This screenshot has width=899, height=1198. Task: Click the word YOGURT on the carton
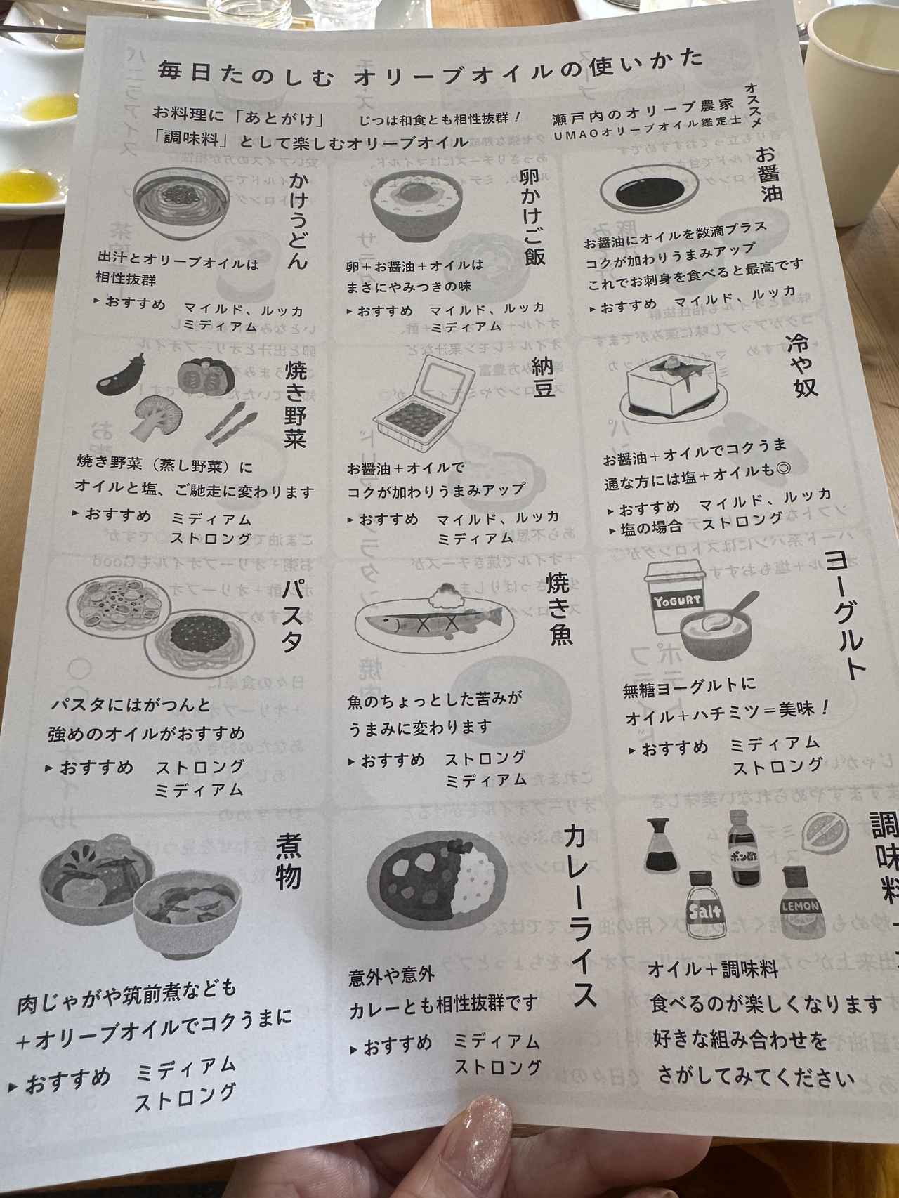(x=678, y=600)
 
